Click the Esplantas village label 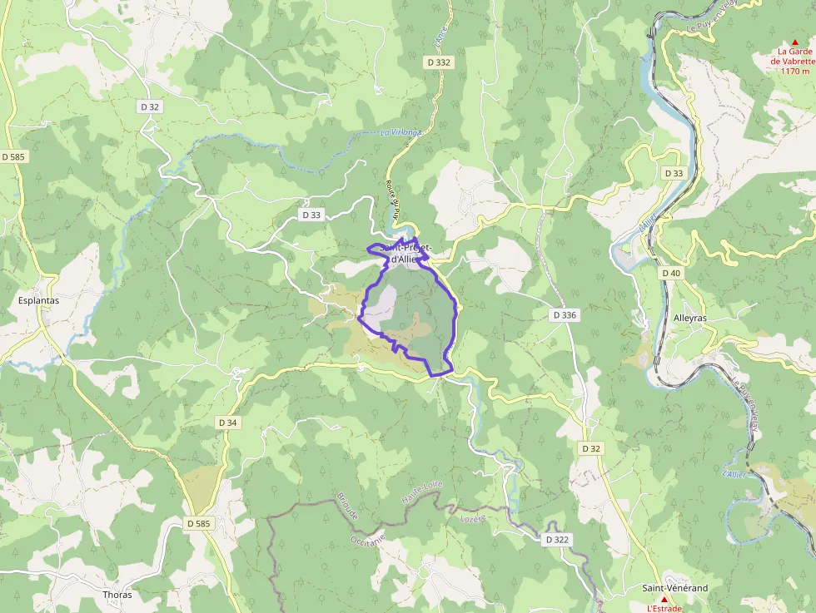(38, 301)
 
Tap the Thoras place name (117, 595)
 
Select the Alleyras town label (689, 318)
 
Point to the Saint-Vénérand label (674, 588)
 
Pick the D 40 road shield (671, 273)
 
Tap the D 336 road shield (565, 315)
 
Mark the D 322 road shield (557, 540)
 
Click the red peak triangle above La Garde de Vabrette (794, 42)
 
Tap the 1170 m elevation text (794, 71)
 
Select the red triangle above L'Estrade (664, 599)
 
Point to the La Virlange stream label (401, 132)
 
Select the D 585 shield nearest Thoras (197, 523)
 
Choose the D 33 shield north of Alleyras (674, 172)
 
